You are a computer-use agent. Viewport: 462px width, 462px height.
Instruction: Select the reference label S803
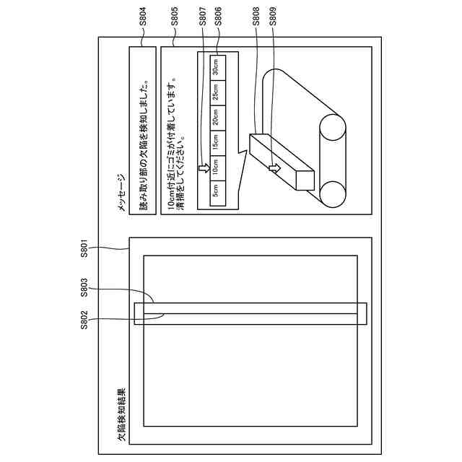[84, 290]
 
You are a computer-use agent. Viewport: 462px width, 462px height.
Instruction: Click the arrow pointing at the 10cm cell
[204, 169]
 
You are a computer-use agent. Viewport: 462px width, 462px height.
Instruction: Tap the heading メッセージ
[122, 193]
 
